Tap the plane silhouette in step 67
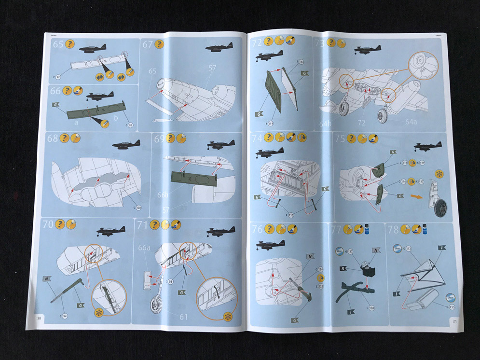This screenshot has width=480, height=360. [219, 47]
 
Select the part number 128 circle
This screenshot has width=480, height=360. [138, 208]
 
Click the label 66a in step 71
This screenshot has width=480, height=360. [144, 248]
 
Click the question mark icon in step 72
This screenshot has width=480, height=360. [269, 42]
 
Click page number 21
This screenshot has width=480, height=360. [453, 320]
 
